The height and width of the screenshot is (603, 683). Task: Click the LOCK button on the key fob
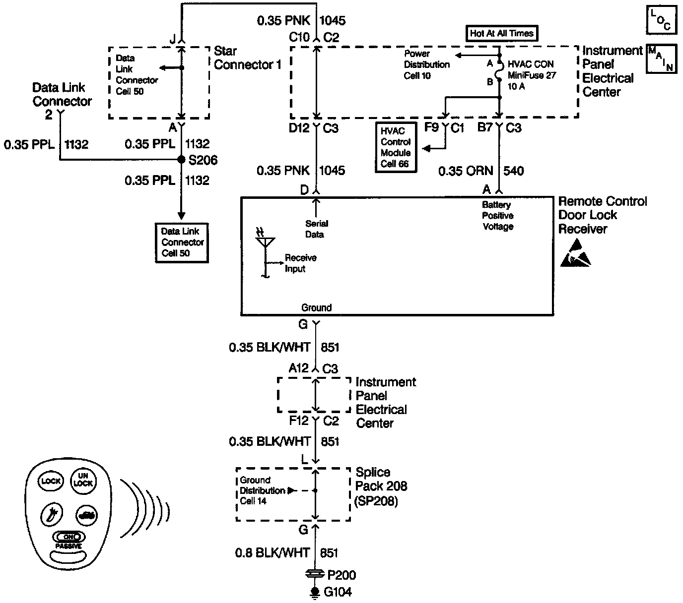pyautogui.click(x=51, y=481)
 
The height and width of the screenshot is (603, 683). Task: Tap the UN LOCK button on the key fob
pyautogui.click(x=83, y=480)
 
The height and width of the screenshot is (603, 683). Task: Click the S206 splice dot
pyautogui.click(x=182, y=160)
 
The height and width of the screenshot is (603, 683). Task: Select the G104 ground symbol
pyautogui.click(x=314, y=592)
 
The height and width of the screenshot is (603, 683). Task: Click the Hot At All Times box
pyautogui.click(x=501, y=33)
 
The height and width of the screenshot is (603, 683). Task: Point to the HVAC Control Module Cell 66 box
pyautogui.click(x=396, y=148)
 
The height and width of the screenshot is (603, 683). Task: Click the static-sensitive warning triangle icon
pyautogui.click(x=576, y=253)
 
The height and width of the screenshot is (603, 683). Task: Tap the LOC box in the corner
pyautogui.click(x=661, y=20)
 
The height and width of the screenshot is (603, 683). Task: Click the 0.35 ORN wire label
pyautogui.click(x=465, y=171)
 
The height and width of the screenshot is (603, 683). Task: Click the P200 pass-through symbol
pyautogui.click(x=314, y=574)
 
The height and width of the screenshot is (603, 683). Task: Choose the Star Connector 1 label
pyautogui.click(x=247, y=58)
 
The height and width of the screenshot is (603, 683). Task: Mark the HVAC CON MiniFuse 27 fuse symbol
pyautogui.click(x=499, y=71)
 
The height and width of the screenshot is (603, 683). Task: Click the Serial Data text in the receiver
pyautogui.click(x=316, y=229)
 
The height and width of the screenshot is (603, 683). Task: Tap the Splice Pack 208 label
pyautogui.click(x=381, y=486)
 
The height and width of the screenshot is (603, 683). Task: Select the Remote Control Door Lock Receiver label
pyautogui.click(x=602, y=215)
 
